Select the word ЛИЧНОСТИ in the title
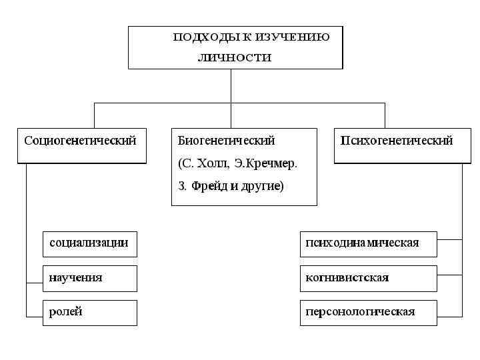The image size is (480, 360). [x=235, y=57]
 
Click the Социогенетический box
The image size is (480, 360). [x=81, y=145]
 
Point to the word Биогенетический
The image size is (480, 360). [x=226, y=141]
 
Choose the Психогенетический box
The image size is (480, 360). [x=397, y=145]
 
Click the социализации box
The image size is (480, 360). [x=89, y=243]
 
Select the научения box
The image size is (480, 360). [x=89, y=278]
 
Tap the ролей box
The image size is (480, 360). [x=89, y=313]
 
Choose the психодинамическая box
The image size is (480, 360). [x=368, y=243]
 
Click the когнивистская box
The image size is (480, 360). [x=368, y=278]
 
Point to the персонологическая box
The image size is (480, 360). [x=368, y=313]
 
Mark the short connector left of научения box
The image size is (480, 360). [x=35, y=283]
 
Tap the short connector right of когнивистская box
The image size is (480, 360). [x=449, y=273]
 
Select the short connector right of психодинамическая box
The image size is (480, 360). [x=449, y=239]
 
